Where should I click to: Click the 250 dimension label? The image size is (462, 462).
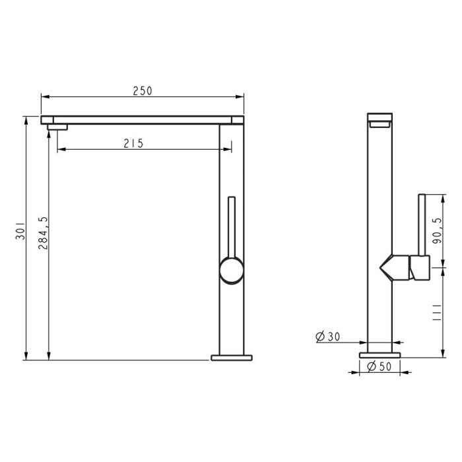(143, 91)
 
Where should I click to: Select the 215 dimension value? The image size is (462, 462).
(133, 143)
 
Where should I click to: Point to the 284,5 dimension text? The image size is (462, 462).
(43, 233)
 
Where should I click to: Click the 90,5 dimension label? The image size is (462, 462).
(437, 230)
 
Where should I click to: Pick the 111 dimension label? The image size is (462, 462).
(437, 312)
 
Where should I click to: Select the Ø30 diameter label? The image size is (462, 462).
(327, 337)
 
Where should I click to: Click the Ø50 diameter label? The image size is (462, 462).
(379, 366)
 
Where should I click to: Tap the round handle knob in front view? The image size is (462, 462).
(232, 270)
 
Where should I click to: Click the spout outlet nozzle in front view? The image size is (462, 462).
(57, 127)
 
